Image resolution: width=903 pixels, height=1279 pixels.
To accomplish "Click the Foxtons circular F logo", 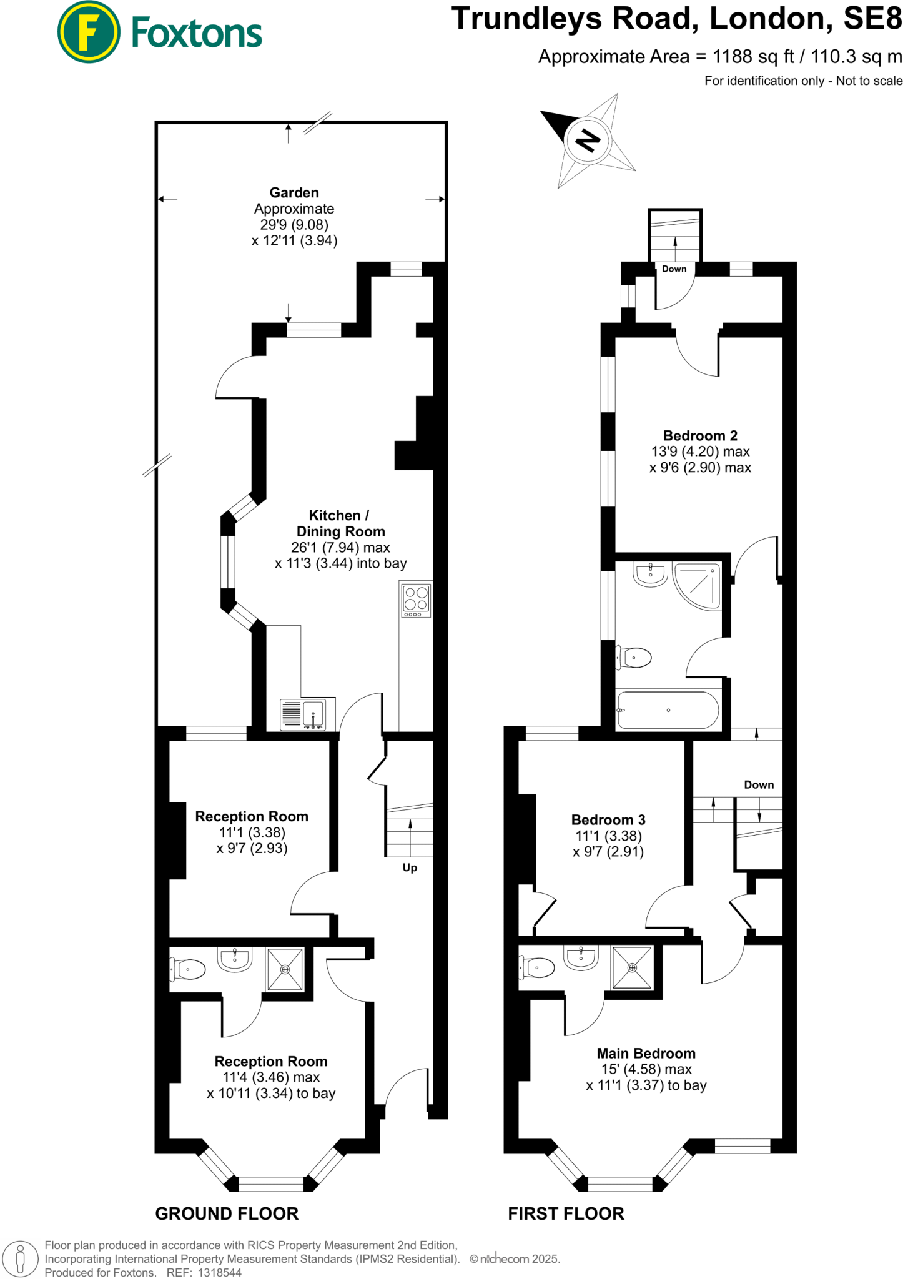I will pyautogui.click(x=88, y=32).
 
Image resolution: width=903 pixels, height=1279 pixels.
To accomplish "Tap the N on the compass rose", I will pyautogui.click(x=586, y=140).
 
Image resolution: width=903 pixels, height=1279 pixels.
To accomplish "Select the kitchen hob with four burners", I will pyautogui.click(x=416, y=600).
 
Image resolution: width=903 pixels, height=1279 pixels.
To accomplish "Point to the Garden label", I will pyautogui.click(x=294, y=193).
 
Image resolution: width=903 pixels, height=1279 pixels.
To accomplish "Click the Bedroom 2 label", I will pyautogui.click(x=700, y=436).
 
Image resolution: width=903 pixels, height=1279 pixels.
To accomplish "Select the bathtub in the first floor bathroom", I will pyautogui.click(x=668, y=710).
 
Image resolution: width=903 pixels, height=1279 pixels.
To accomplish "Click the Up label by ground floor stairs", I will pyautogui.click(x=410, y=867).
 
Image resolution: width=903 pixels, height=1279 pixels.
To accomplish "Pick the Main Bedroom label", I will pyautogui.click(x=646, y=1054).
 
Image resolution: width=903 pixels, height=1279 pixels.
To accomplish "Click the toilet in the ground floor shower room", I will pyautogui.click(x=189, y=970).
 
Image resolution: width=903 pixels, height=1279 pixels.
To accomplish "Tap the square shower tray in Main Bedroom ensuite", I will pyautogui.click(x=632, y=968).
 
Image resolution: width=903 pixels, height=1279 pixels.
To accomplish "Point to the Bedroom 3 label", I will pyautogui.click(x=608, y=820).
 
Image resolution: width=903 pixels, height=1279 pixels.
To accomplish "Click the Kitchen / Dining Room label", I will pyautogui.click(x=340, y=523).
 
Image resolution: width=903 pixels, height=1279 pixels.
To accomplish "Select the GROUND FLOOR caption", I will pyautogui.click(x=227, y=1213).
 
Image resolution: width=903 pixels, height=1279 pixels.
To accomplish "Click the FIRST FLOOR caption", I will pyautogui.click(x=566, y=1213).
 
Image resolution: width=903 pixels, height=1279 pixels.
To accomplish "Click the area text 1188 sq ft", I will pyautogui.click(x=753, y=57).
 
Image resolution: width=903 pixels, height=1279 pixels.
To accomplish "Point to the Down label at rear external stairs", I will pyautogui.click(x=674, y=269).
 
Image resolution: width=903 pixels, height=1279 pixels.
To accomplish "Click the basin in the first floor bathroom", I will pyautogui.click(x=651, y=573).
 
